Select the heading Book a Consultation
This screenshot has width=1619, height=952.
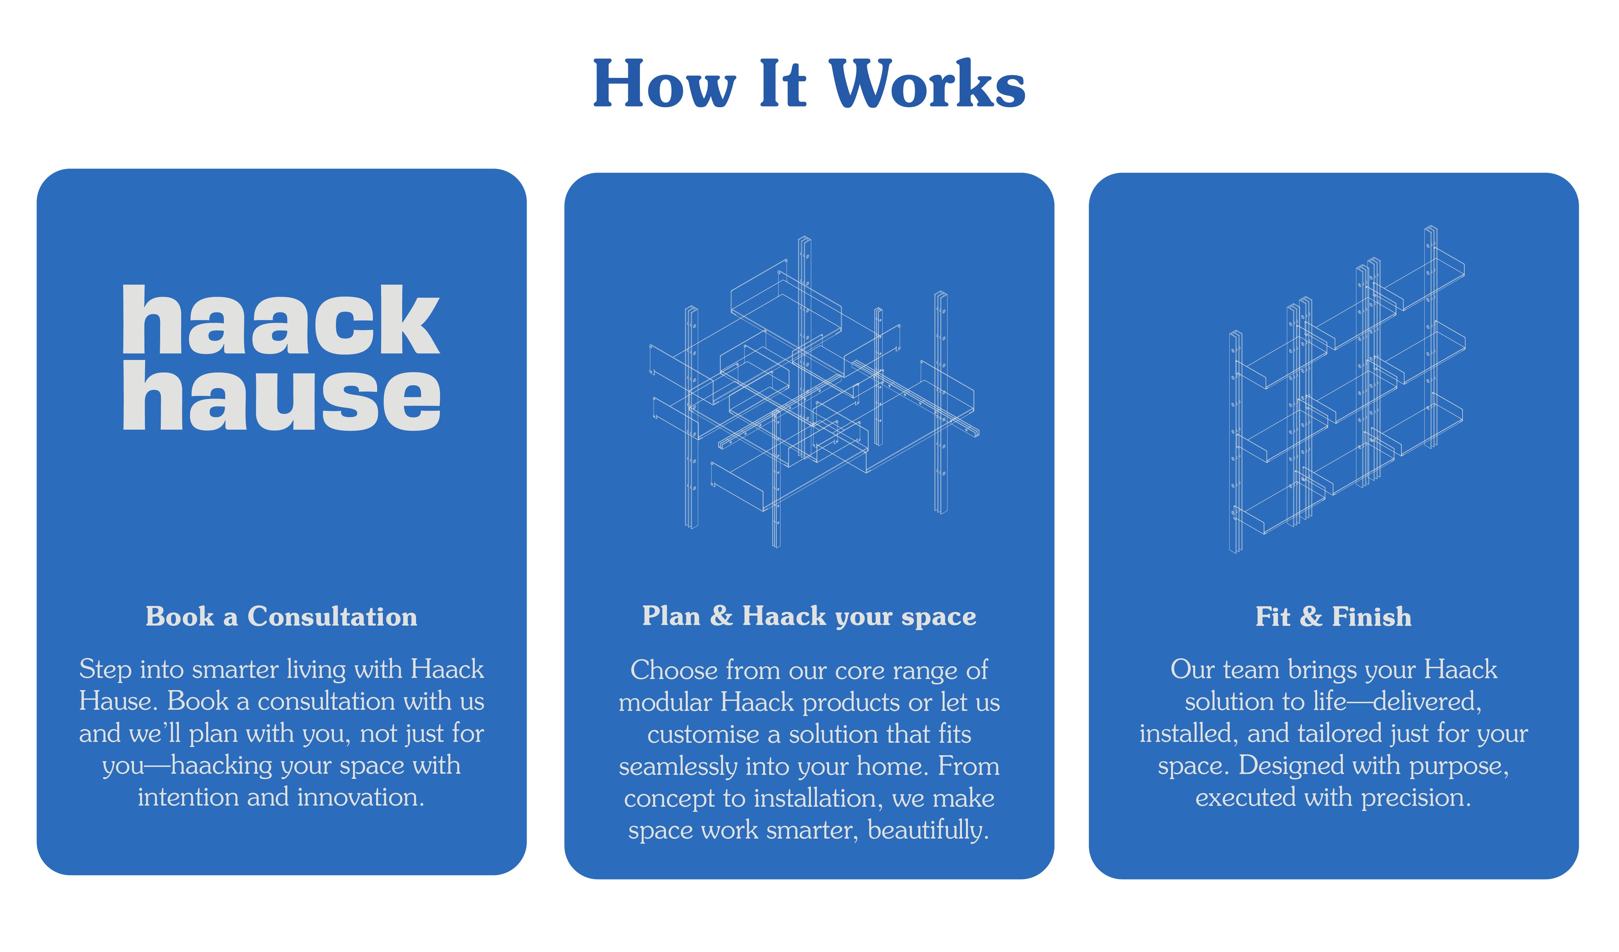pyautogui.click(x=281, y=616)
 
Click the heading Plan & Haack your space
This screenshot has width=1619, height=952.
pyautogui.click(x=809, y=616)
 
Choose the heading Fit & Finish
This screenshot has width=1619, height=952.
pyautogui.click(x=1333, y=617)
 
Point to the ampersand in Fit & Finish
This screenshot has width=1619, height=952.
pyautogui.click(x=1311, y=617)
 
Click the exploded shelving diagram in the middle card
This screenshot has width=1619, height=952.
pyautogui.click(x=813, y=392)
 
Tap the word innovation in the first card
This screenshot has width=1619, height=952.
pyautogui.click(x=360, y=797)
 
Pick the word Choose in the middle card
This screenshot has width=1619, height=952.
pyautogui.click(x=674, y=670)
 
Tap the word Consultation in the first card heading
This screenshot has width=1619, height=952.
pyautogui.click(x=332, y=616)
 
